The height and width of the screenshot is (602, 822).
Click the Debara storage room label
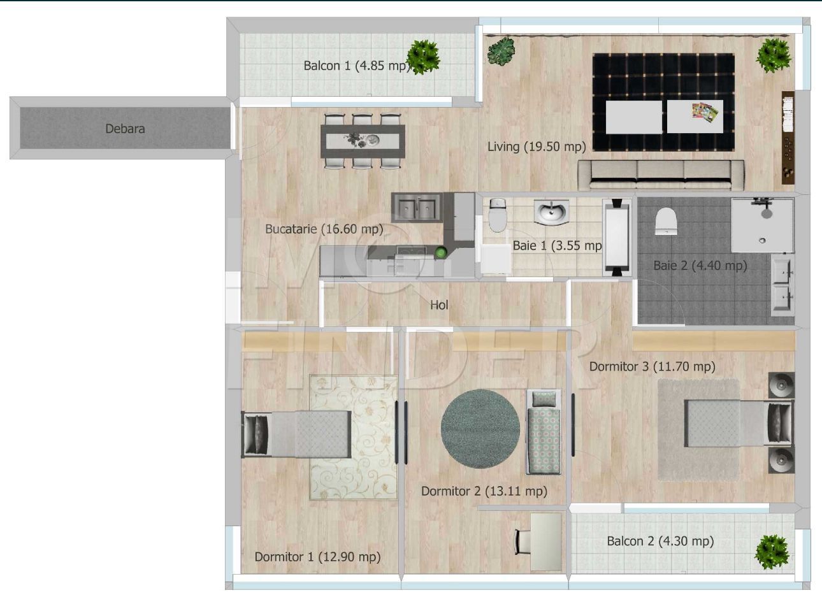(x=125, y=129)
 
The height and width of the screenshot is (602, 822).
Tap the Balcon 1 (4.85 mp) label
(x=357, y=66)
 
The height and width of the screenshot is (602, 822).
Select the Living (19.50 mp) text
(x=537, y=147)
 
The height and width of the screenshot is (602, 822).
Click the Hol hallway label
(x=439, y=305)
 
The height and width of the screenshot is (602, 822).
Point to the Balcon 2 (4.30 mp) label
(x=660, y=541)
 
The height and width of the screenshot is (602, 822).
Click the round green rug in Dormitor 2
(x=480, y=429)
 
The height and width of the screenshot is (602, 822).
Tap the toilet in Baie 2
(x=666, y=221)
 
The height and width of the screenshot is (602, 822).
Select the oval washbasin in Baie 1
(x=551, y=211)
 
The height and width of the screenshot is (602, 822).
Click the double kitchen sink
(x=417, y=208)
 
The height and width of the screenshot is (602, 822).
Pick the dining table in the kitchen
(x=363, y=141)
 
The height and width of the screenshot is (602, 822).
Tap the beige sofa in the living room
(x=661, y=175)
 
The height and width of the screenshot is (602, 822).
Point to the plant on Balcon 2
(x=772, y=552)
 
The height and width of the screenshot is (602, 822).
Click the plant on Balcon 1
(x=424, y=57)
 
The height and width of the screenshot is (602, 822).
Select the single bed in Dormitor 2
(x=543, y=432)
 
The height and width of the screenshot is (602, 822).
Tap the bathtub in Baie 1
(x=617, y=238)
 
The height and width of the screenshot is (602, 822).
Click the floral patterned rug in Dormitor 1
(x=354, y=437)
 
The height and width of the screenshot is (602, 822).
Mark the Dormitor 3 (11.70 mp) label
(x=652, y=366)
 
